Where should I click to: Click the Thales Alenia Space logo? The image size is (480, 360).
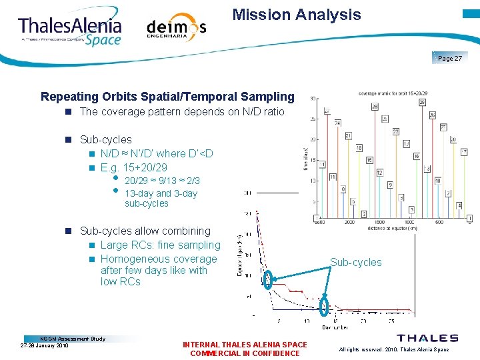70,30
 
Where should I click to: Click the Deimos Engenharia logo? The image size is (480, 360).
176,28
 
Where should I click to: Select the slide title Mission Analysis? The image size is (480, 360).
297,15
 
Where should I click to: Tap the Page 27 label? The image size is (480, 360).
450,59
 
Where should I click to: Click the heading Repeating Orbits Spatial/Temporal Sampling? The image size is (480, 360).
167,97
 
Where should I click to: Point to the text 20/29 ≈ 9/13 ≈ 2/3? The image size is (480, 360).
162,181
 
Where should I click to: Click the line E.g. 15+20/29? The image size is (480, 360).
133,167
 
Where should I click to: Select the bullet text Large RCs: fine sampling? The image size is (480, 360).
160,245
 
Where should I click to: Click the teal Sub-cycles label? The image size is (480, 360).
356,262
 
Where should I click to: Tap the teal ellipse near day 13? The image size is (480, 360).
324,306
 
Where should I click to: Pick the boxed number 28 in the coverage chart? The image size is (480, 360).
375,107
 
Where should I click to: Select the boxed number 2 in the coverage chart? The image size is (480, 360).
364,213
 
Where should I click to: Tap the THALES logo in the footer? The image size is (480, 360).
427,338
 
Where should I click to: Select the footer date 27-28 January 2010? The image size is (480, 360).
45,346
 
